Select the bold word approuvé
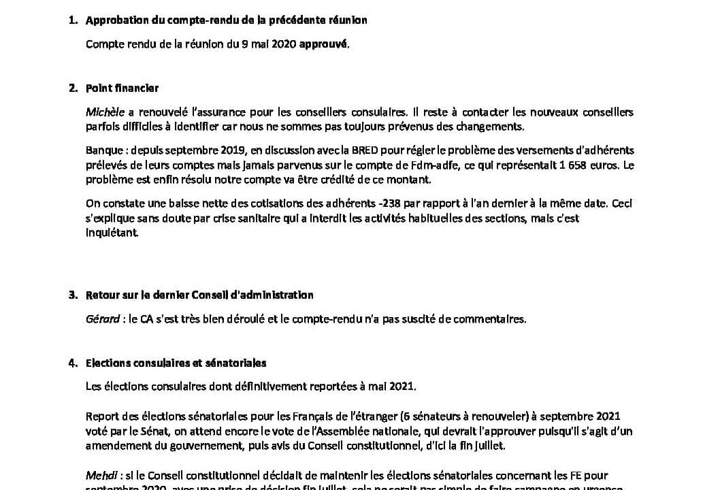tap(323, 44)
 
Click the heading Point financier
tap(122, 88)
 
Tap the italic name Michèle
tap(101, 112)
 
